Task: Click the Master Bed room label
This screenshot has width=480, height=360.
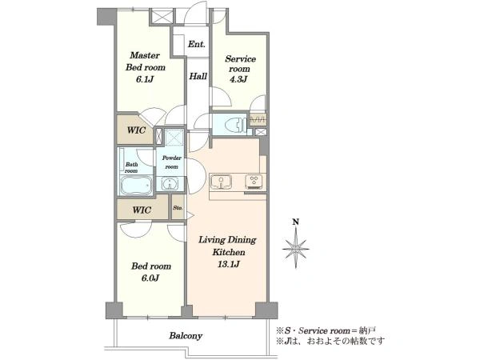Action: (x=146, y=62)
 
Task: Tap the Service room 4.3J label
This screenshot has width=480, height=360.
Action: (x=240, y=69)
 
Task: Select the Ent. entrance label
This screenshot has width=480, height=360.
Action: (x=196, y=44)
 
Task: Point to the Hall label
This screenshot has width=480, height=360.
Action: (x=198, y=76)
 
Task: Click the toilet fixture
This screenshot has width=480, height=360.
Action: (x=235, y=125)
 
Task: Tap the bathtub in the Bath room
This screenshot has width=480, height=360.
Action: (x=136, y=185)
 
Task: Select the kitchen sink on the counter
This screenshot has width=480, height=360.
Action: (x=221, y=182)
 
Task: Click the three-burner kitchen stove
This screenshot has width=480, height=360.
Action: (x=254, y=182)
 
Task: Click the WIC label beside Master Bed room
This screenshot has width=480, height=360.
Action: (x=136, y=130)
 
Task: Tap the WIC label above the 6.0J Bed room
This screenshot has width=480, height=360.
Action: (x=142, y=210)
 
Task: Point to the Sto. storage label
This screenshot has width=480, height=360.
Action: (x=178, y=208)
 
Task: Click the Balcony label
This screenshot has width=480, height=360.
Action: (x=186, y=335)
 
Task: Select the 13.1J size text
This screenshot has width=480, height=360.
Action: (x=228, y=264)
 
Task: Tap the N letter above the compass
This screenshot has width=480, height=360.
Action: (x=296, y=222)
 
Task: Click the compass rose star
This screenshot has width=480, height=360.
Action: (x=296, y=249)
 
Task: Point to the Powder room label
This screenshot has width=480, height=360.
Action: (x=171, y=162)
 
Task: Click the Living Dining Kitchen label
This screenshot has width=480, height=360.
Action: (x=228, y=246)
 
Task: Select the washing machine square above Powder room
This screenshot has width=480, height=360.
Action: (x=174, y=137)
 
